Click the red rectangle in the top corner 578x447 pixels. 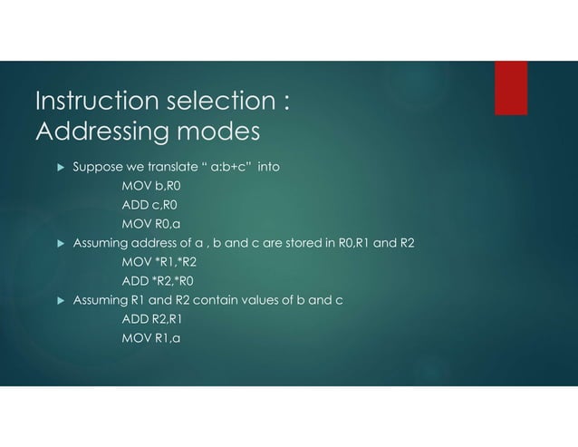pos(510,88)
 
